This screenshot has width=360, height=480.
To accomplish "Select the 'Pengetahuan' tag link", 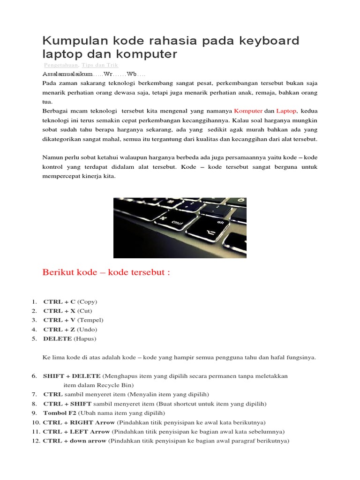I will [61, 65].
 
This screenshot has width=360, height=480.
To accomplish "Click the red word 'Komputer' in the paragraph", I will [248, 111].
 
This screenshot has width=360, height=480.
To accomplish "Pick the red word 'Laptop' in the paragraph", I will [286, 111].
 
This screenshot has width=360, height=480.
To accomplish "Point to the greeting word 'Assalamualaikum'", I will [67, 74].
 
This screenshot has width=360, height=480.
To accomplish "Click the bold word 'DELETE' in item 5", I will [58, 338].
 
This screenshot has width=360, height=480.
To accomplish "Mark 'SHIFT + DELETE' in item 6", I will [72, 376].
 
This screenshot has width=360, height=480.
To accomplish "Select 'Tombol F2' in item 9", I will [60, 413].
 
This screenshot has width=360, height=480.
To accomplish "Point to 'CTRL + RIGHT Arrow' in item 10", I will [79, 422].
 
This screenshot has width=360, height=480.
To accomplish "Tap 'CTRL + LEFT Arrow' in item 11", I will [76, 431].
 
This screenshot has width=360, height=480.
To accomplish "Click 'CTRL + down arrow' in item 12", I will [75, 441].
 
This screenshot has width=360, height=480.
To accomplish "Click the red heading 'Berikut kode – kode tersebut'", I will [106, 273].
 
